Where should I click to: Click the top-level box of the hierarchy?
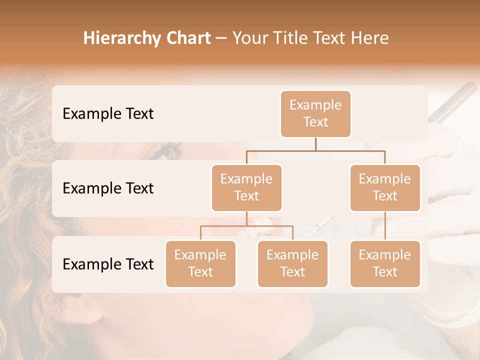tap(315, 113)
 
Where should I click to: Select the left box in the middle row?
tap(246, 187)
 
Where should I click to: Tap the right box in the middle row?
tap(385, 187)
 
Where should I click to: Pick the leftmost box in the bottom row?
tap(200, 263)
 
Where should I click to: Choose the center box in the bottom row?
tap(292, 263)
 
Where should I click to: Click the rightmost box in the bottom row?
tap(385, 263)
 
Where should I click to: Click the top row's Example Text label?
tap(108, 113)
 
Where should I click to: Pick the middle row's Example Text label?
tap(108, 188)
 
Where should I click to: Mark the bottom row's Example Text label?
tap(108, 264)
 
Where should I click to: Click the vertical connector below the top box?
tap(315, 144)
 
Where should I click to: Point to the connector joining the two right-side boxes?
tap(385, 226)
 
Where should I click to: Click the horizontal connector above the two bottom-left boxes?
tap(246, 226)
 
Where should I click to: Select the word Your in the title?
tap(249, 38)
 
